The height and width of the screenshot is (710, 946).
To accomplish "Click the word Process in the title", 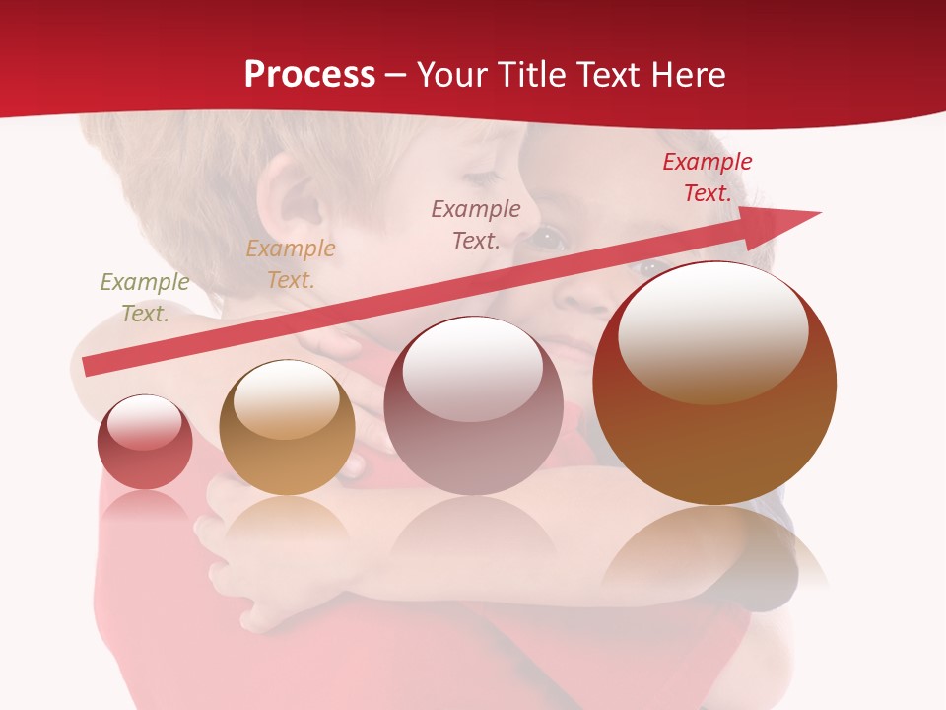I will tap(309, 74).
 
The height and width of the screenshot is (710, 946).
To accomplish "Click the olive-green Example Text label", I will tap(145, 297).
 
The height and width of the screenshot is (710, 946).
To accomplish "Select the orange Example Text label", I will tap(291, 263).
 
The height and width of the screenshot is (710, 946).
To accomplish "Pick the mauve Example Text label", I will tap(476, 224).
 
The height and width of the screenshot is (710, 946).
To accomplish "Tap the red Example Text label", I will tap(708, 177).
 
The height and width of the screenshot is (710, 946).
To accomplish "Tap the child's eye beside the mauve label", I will tap(548, 238).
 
